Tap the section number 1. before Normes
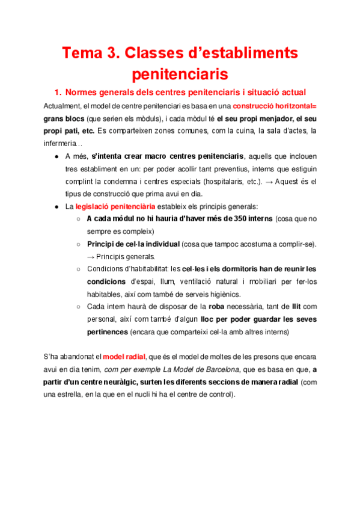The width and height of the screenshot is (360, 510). click(58, 92)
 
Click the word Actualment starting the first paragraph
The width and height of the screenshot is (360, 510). click(63, 106)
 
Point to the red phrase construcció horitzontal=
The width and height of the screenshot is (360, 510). click(277, 106)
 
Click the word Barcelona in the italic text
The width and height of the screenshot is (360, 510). click(220, 369)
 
